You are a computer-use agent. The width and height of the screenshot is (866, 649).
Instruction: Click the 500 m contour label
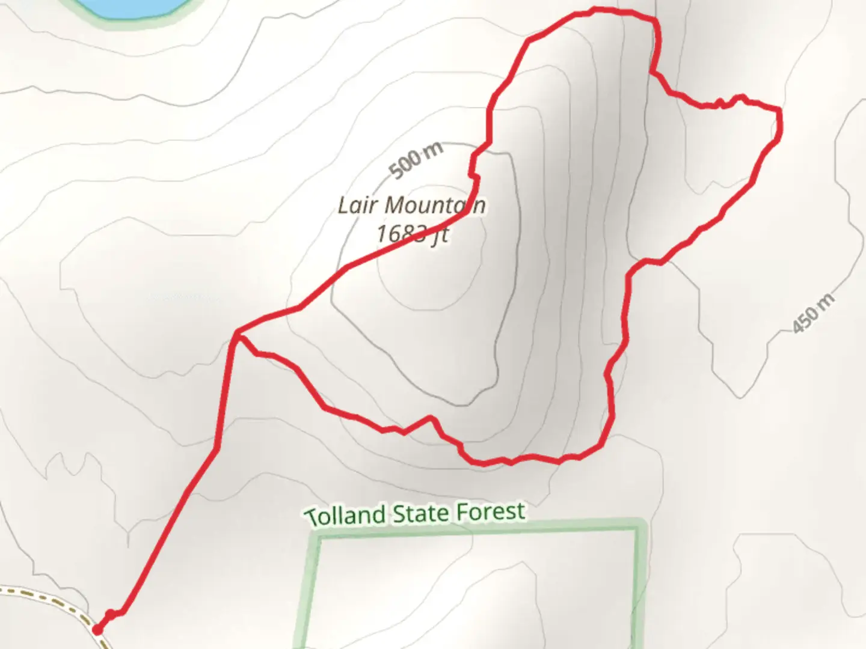[x=416, y=159]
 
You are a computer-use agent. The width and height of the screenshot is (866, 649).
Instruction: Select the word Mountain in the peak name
[x=435, y=206]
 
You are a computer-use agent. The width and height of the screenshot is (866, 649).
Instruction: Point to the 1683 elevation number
[x=402, y=233]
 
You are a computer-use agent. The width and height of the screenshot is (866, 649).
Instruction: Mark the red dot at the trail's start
[x=97, y=630]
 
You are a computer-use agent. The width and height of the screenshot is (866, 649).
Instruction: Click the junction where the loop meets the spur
[x=239, y=332]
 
